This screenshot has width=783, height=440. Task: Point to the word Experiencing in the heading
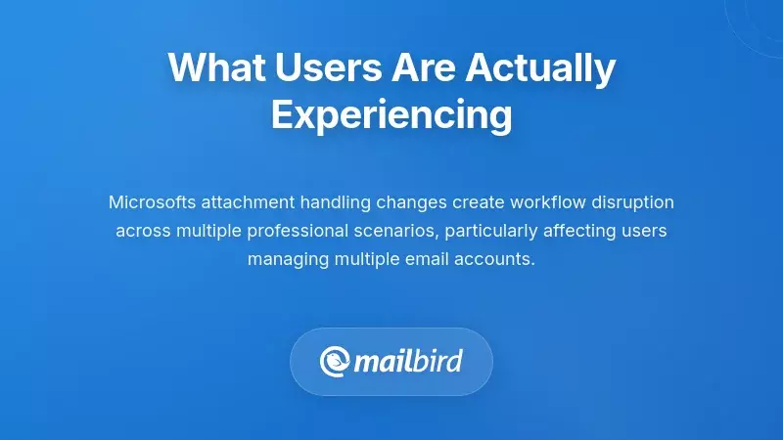pos(391,114)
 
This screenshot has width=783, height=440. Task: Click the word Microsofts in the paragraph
pos(153,202)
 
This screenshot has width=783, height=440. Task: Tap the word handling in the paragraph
pos(331,202)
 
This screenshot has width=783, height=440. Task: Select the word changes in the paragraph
pos(407,202)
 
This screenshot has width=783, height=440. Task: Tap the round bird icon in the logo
pos(335,362)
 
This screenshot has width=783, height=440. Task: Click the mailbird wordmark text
pos(407,362)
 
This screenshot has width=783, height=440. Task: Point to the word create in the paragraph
pos(474,202)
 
